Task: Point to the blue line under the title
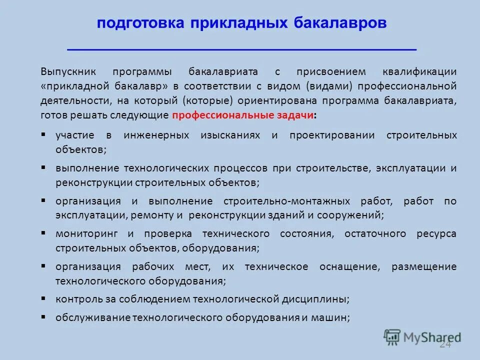click(241, 49)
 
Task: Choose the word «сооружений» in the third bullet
click(358, 215)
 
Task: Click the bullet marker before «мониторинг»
click(43, 233)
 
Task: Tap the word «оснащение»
click(349, 266)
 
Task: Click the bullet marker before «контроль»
click(43, 299)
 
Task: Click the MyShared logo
click(422, 337)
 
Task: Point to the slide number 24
click(445, 345)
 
